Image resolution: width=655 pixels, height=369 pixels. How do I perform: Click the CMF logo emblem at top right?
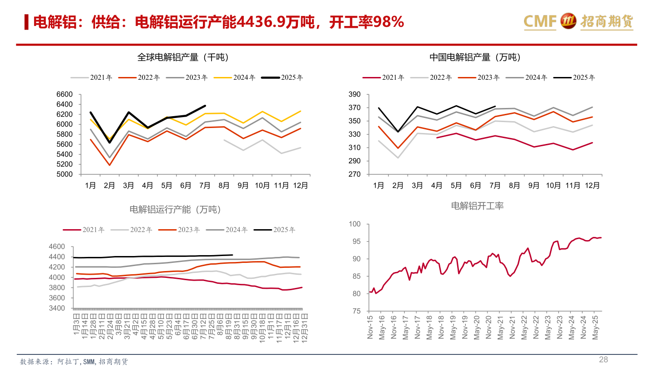tap(568, 21)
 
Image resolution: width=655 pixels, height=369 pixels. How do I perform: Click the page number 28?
tap(603, 359)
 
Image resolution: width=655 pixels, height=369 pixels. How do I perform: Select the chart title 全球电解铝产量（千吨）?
tap(183, 57)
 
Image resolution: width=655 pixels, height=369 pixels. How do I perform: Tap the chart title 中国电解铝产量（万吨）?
tap(475, 57)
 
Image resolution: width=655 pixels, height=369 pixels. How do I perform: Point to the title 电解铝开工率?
tap(477, 206)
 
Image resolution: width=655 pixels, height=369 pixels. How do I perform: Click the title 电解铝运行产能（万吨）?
tap(175, 210)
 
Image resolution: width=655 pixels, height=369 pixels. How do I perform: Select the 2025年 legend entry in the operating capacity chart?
tap(274, 230)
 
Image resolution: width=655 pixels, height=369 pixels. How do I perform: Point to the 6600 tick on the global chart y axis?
tap(64, 94)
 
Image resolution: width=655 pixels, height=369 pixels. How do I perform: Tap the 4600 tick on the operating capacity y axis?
tap(57, 246)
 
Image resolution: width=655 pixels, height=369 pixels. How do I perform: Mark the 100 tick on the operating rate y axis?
tap(354, 224)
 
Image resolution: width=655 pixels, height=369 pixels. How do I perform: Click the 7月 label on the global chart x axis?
tap(205, 185)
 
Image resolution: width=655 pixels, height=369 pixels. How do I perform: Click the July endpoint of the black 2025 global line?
tap(205, 106)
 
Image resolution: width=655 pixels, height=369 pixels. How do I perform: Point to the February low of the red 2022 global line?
tap(110, 165)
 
